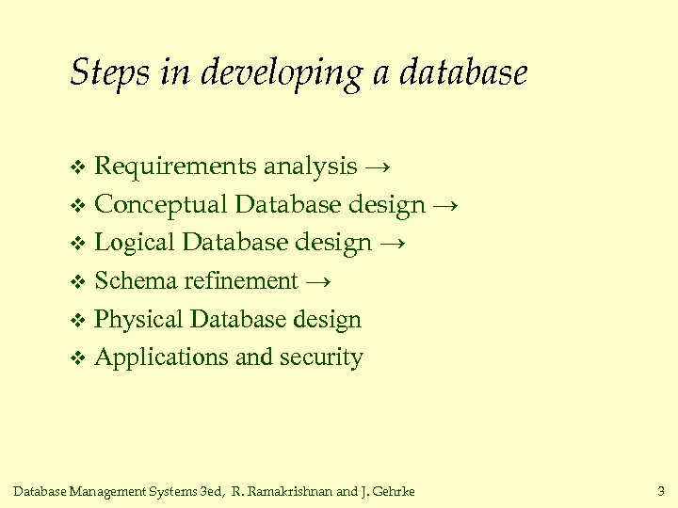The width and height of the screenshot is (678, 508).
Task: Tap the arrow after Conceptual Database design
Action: pyautogui.click(x=446, y=205)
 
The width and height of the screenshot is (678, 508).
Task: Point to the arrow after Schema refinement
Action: pyautogui.click(x=319, y=281)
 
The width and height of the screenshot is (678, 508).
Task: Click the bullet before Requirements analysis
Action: pyautogui.click(x=78, y=168)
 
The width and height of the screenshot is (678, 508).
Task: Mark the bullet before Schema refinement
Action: pyautogui.click(x=78, y=282)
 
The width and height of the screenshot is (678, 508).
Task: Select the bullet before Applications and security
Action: pyautogui.click(x=78, y=358)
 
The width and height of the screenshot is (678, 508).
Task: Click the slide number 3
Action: pyautogui.click(x=660, y=491)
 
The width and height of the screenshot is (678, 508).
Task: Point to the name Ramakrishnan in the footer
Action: pyautogui.click(x=294, y=491)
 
